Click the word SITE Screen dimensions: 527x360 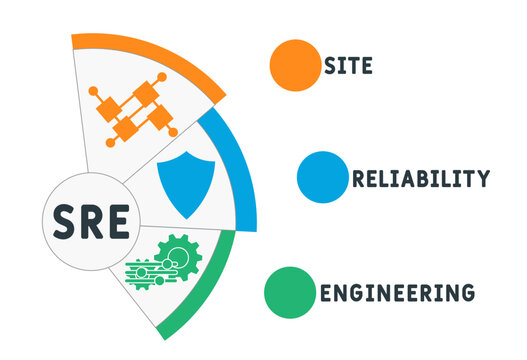coord(348,67)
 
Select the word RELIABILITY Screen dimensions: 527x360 coord(420,179)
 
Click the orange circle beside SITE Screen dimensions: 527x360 coord(294,64)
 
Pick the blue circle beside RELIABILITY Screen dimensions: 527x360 coord(322,177)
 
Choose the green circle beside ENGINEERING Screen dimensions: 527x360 coord(290,291)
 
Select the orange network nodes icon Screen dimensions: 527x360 coord(132,107)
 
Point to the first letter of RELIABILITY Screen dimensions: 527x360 coord(358,179)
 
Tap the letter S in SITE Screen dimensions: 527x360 coord(329,67)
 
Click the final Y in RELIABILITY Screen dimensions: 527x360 coord(483,179)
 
